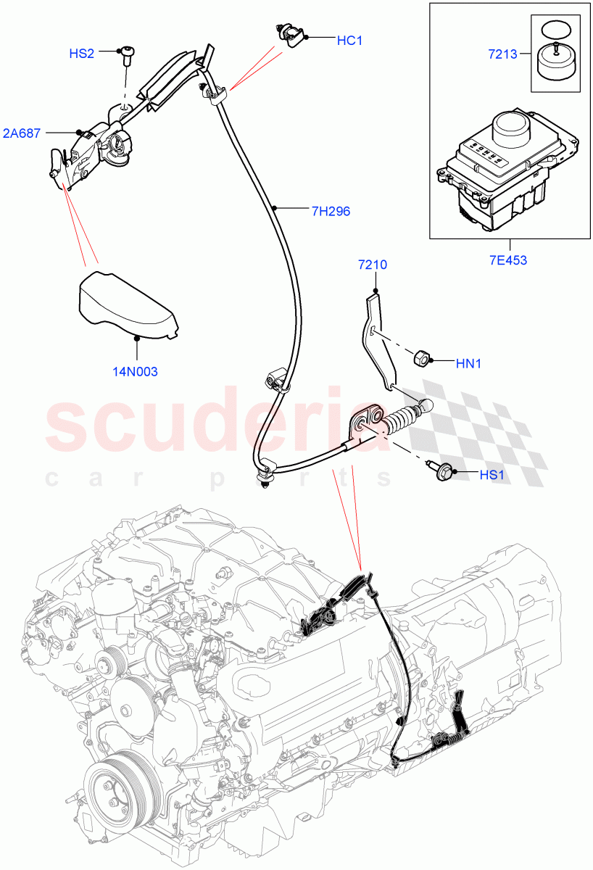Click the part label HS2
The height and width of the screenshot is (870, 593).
[x=81, y=53]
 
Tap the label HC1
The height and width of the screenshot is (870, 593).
[x=349, y=41]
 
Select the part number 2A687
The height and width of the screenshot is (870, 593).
[x=21, y=133]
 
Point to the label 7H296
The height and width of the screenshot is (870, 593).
[x=331, y=212]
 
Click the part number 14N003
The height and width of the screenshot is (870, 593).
[x=134, y=371]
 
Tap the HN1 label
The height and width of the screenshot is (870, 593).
[x=468, y=364]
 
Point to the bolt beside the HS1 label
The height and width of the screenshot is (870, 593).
[x=441, y=471]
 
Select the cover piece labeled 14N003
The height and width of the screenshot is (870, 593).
[x=127, y=304]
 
